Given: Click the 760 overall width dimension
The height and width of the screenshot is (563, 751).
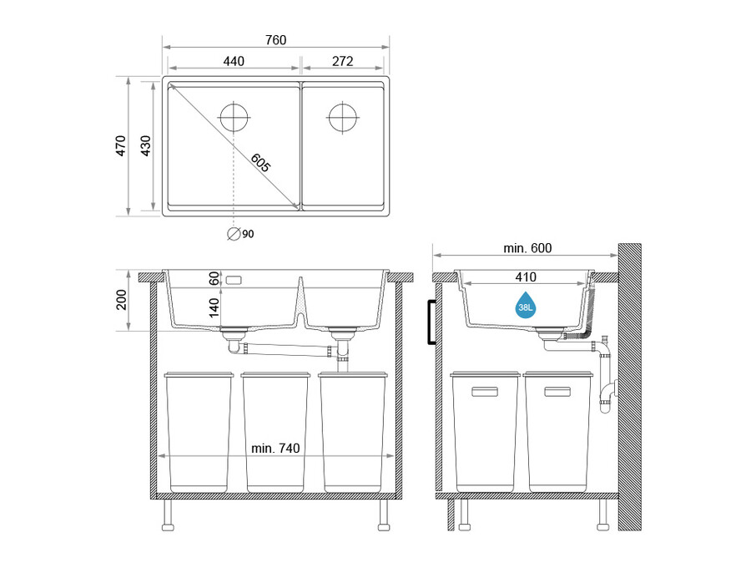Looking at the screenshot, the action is [275, 40].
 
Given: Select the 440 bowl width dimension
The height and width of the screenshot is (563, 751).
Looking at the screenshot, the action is [234, 61].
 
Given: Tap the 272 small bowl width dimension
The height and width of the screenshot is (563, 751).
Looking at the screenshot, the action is [342, 61].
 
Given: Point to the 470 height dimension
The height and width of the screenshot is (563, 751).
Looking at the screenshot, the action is [121, 146].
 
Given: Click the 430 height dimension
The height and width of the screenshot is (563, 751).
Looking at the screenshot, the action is [145, 146].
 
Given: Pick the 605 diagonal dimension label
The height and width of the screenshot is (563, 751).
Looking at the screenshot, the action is [260, 163].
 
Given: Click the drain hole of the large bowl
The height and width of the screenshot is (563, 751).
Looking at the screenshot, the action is [234, 117].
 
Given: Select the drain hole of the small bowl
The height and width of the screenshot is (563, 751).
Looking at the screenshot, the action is [343, 117].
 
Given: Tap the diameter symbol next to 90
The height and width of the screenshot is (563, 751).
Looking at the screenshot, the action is [234, 234].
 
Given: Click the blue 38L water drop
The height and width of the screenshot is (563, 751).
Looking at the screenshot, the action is [526, 306].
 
